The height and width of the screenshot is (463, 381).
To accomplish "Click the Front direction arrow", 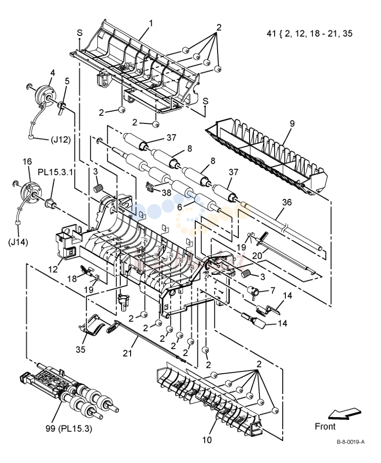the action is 344,414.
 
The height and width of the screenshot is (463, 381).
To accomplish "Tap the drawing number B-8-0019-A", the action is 350,442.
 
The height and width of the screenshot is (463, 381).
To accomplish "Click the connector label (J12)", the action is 61,139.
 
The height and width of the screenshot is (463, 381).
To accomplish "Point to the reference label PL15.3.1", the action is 55,172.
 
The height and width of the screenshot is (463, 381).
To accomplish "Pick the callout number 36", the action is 287,202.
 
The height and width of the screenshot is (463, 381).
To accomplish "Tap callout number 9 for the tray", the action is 292,123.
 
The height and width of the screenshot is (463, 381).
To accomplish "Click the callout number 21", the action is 127,353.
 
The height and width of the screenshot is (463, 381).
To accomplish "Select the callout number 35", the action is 81,349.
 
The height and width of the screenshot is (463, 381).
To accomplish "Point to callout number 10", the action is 207,440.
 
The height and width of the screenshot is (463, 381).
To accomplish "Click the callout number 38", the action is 166,193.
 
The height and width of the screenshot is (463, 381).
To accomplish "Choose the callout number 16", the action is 27,162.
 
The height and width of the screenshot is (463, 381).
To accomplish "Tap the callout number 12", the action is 53,269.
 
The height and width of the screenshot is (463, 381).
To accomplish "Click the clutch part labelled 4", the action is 45,94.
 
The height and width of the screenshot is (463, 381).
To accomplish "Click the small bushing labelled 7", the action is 253,291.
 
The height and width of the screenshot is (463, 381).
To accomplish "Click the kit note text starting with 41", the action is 309,33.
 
